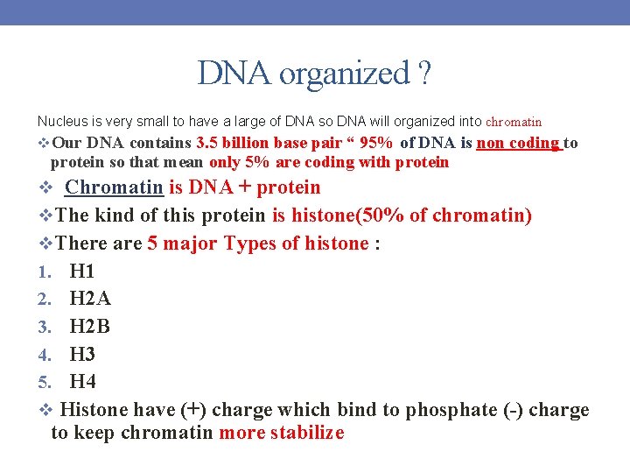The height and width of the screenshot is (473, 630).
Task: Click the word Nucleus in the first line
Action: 59,122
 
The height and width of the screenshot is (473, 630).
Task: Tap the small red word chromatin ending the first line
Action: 514,123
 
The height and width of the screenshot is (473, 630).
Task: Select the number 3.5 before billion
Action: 208,143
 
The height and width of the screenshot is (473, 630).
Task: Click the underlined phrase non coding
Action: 518,143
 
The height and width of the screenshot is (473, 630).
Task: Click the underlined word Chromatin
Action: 114,187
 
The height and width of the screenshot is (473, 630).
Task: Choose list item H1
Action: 81,272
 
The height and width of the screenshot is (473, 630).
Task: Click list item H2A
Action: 90,300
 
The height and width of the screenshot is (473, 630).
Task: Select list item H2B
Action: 89,327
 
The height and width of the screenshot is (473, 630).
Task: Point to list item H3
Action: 82,355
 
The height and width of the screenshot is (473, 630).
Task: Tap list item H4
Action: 82,382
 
